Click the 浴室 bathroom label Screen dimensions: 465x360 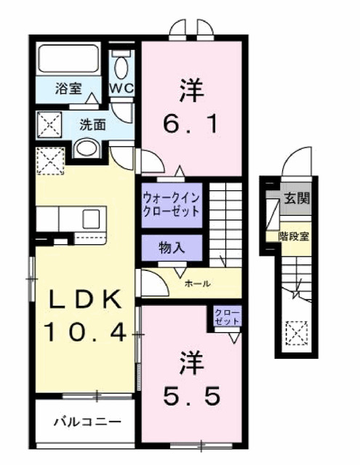point(68,90)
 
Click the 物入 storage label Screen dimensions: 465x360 point(172,247)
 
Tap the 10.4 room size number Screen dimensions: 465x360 point(85,333)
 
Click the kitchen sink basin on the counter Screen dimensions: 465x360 point(94,217)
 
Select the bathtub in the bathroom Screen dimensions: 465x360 point(67,60)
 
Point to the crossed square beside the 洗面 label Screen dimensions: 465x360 point(51,126)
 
